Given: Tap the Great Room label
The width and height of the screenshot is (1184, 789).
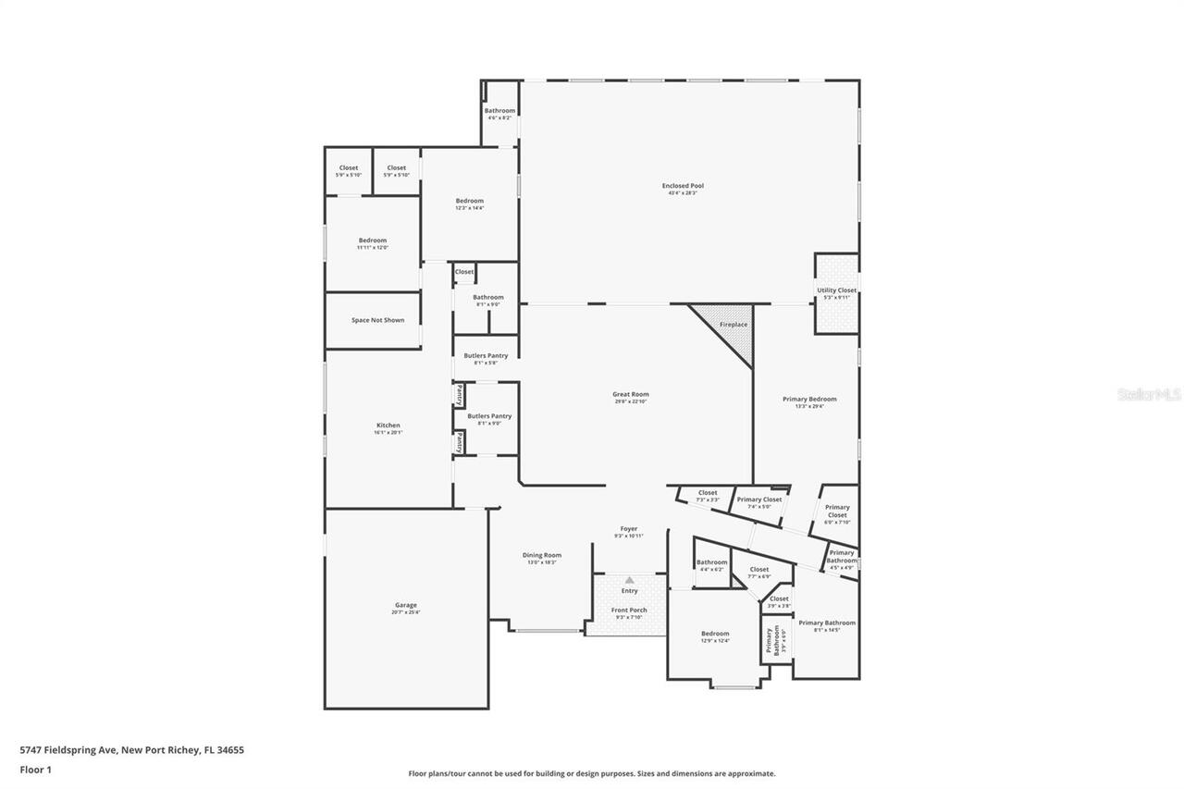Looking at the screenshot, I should (x=631, y=394).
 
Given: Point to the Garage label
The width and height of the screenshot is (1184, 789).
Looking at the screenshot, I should (x=405, y=605).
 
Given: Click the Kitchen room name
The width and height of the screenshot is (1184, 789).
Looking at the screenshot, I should (x=388, y=425).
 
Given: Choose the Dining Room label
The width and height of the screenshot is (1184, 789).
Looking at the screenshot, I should (x=541, y=555).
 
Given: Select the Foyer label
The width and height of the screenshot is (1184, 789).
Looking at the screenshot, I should (x=629, y=529).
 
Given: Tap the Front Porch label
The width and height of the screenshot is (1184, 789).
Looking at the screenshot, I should (x=629, y=610).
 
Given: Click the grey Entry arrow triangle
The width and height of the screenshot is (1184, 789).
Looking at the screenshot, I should (x=629, y=580).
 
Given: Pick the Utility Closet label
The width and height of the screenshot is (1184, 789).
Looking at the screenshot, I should (x=836, y=290).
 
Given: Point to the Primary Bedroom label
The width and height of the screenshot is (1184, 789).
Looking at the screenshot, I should (x=809, y=399).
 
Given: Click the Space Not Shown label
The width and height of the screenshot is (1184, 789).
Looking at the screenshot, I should (x=376, y=320).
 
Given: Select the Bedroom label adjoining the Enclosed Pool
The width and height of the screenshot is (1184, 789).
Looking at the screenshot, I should (x=469, y=201).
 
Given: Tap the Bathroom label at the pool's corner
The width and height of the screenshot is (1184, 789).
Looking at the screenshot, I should (x=499, y=111).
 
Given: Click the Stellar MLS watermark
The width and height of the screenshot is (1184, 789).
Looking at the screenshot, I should (x=1149, y=394).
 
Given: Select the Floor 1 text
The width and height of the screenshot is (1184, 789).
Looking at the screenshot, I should (x=35, y=769).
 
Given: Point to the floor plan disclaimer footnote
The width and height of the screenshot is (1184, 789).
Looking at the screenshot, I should (x=591, y=773).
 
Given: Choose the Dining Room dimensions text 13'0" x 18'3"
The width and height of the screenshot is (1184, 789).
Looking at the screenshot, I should (x=541, y=562).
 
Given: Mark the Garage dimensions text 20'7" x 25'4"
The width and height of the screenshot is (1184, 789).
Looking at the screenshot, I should (x=405, y=612).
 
